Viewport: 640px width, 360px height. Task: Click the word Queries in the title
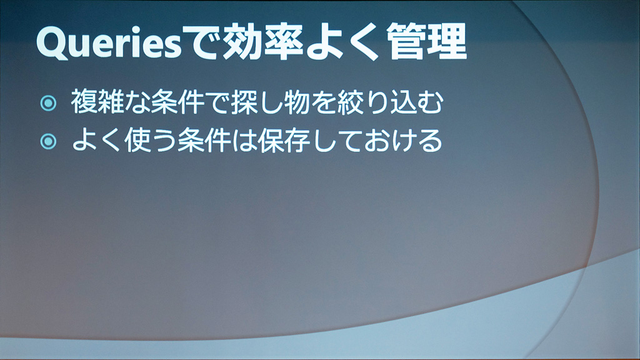click(109, 42)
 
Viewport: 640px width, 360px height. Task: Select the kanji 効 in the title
click(242, 41)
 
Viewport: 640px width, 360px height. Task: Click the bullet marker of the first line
click(48, 103)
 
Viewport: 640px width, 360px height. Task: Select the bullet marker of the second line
click(48, 141)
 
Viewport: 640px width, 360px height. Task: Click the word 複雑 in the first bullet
click(97, 101)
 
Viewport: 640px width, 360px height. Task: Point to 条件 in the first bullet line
click(177, 101)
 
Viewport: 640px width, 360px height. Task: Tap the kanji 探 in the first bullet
click(244, 101)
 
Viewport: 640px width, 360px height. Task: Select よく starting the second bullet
click(97, 140)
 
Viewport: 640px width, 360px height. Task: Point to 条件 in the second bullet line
click(204, 140)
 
